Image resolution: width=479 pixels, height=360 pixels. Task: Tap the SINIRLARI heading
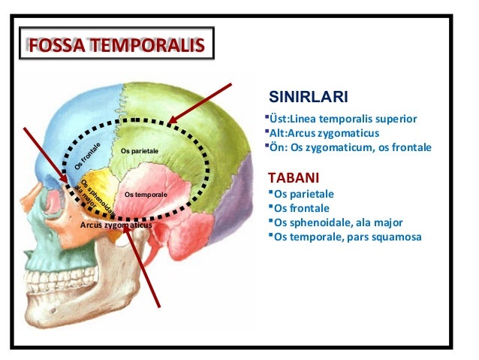[x=308, y=97]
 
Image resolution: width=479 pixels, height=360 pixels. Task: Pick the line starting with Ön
[x=350, y=147]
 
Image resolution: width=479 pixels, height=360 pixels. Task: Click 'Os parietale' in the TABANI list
[x=304, y=194]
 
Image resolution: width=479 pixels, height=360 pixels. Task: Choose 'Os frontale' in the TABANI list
[x=302, y=208]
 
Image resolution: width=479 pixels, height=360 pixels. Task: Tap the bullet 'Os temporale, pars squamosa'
[x=348, y=237]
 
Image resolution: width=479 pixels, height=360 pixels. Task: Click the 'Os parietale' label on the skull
[x=139, y=151]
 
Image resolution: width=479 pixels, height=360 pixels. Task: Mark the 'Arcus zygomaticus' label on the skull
[x=116, y=225]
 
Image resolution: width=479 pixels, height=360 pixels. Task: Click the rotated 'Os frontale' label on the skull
[x=87, y=156]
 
